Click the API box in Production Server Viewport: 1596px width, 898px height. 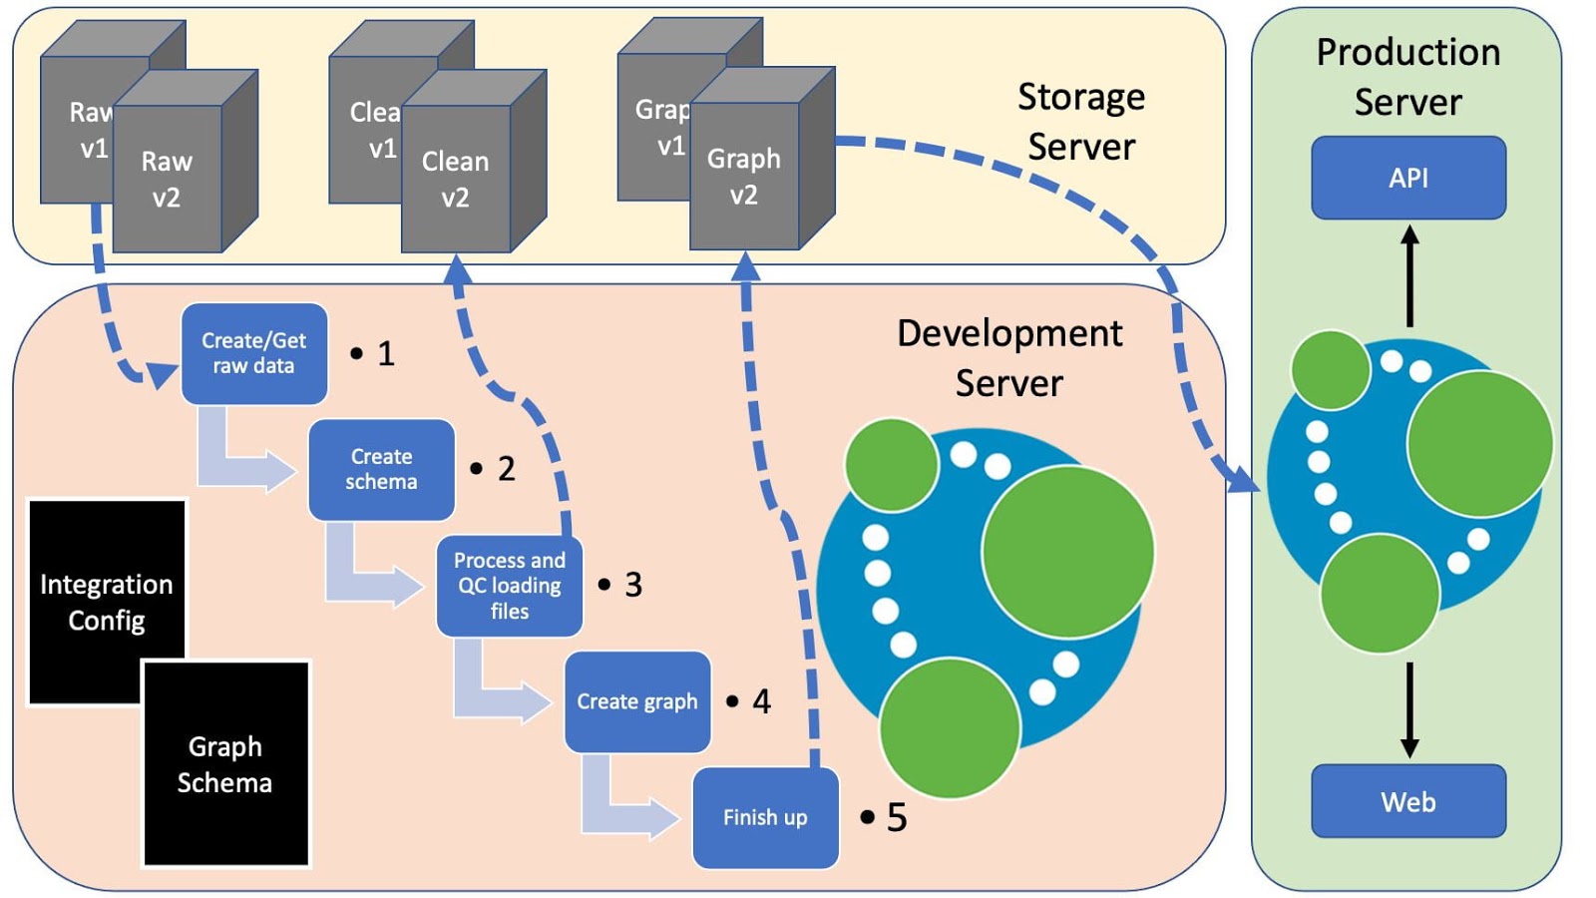(1407, 178)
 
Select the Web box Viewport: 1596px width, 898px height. (1407, 801)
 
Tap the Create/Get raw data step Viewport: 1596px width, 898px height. (253, 353)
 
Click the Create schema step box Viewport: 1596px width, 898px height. (381, 469)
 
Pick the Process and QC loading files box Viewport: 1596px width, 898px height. (509, 586)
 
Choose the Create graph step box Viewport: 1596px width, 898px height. (636, 701)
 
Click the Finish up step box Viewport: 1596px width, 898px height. (765, 817)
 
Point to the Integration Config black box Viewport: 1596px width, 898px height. (106, 602)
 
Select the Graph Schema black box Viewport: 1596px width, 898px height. (225, 764)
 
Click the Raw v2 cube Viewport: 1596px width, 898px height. (167, 180)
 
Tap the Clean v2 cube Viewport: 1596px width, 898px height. (455, 180)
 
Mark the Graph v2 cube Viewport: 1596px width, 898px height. (744, 177)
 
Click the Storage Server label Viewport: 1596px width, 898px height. (1081, 122)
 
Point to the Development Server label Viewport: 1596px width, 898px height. (1009, 357)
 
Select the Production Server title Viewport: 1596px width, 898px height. (1407, 77)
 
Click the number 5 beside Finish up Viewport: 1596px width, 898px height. (897, 818)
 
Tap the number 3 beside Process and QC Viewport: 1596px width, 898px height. (633, 585)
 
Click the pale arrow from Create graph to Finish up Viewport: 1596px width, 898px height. (623, 804)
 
